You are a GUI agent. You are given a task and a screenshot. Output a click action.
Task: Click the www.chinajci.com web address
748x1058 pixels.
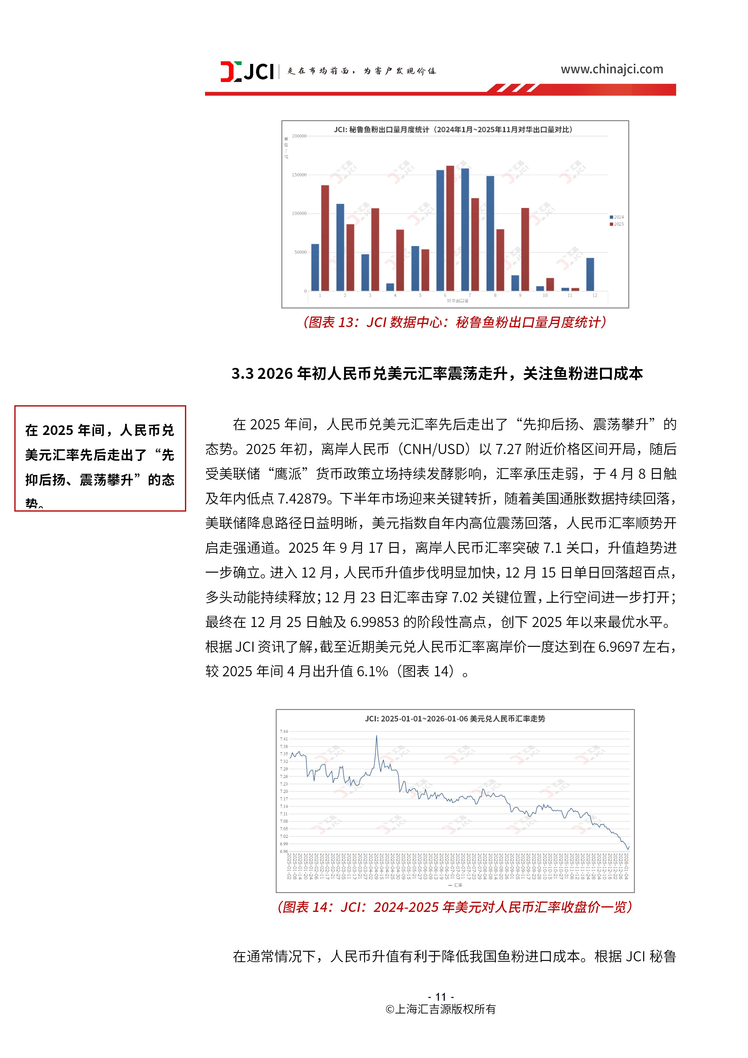tap(612, 70)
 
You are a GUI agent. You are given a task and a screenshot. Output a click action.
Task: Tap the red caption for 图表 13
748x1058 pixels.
tap(454, 322)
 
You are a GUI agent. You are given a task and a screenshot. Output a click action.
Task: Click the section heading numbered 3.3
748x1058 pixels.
tap(437, 374)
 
